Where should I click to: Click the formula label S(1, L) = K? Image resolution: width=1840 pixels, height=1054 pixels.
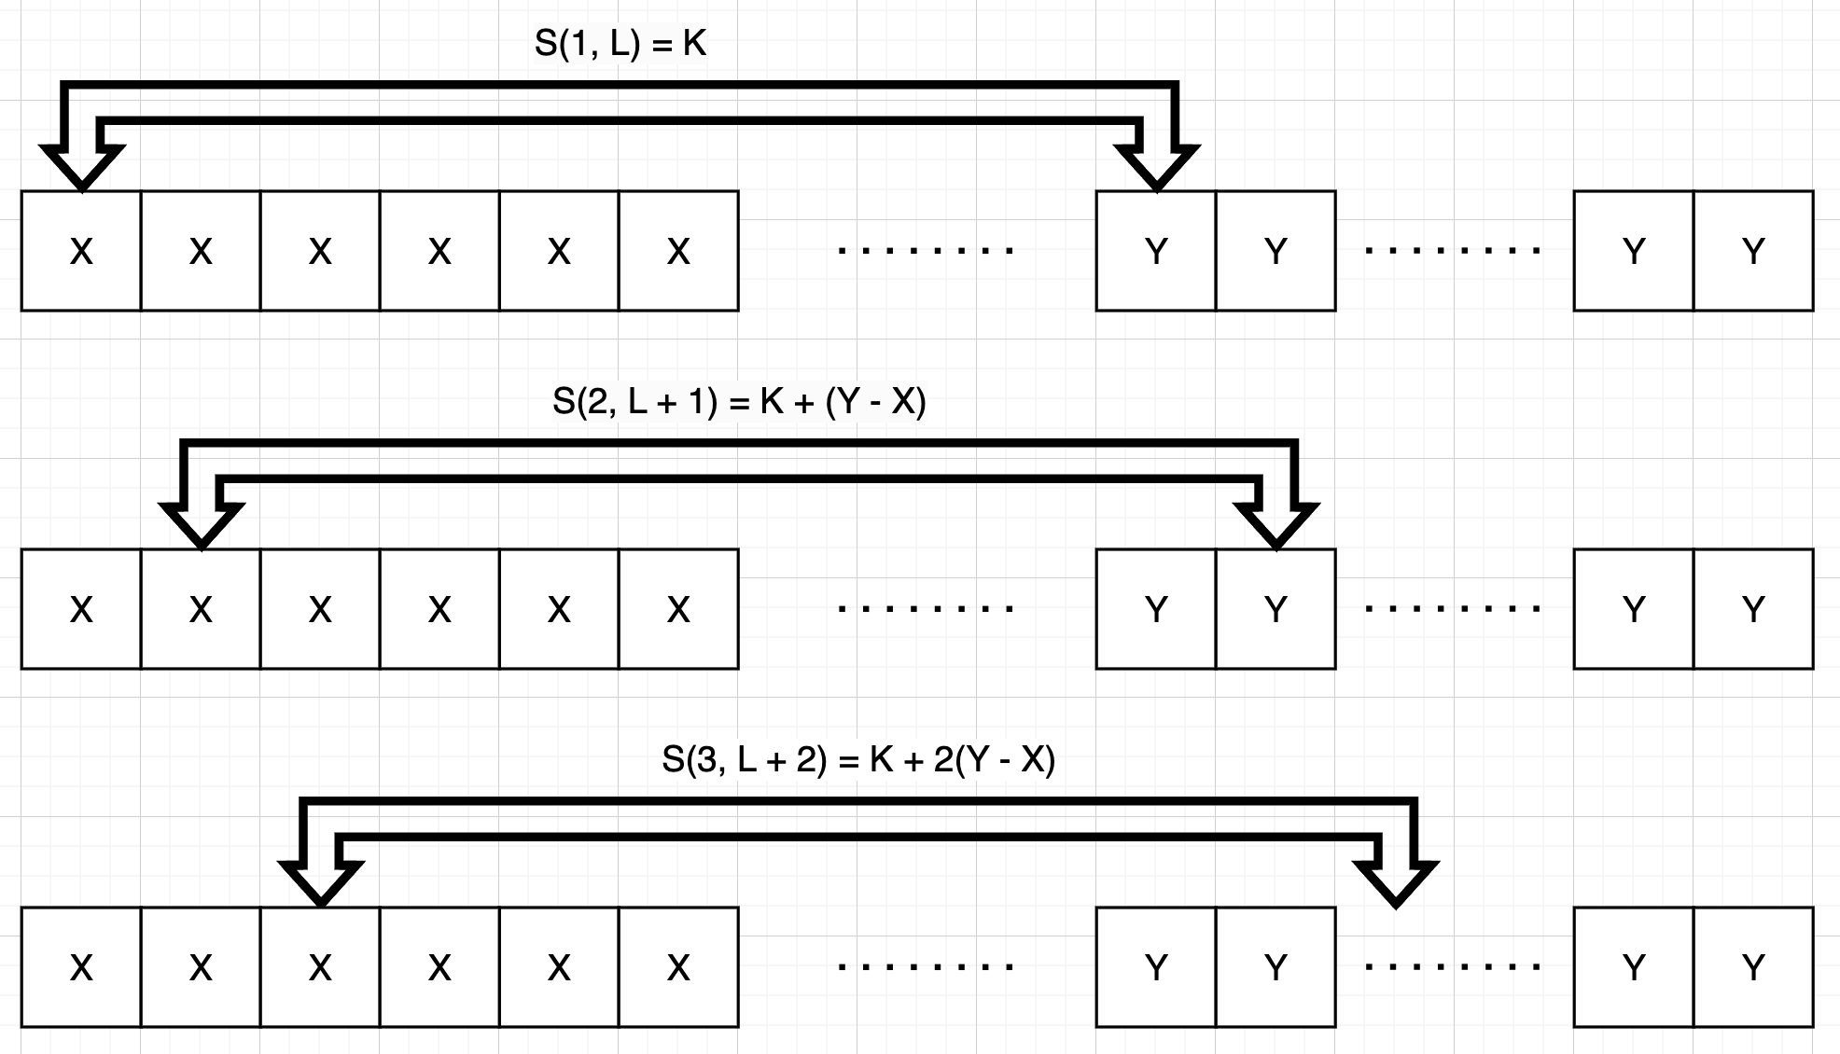(x=620, y=44)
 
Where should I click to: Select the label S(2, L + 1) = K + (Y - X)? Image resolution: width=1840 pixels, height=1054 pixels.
(x=739, y=401)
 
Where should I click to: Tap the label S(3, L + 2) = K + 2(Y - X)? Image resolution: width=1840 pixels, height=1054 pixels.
(x=858, y=759)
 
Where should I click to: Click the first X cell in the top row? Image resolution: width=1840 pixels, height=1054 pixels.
(x=81, y=251)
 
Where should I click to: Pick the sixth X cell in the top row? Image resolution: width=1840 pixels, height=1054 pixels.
(x=678, y=251)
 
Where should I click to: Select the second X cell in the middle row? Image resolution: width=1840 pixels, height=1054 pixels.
(x=201, y=609)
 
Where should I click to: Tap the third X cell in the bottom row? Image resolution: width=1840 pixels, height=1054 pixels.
(x=320, y=967)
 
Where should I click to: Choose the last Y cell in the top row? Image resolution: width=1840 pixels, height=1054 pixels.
(x=1753, y=251)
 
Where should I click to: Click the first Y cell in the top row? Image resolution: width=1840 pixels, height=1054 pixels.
(x=1156, y=251)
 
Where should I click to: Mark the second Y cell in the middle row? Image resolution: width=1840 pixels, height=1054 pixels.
(x=1275, y=609)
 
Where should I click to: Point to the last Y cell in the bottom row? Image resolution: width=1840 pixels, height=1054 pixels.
(x=1753, y=967)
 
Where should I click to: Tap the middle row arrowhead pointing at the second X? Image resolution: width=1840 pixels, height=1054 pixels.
(x=202, y=526)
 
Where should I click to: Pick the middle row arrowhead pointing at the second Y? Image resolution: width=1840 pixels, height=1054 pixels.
(x=1276, y=526)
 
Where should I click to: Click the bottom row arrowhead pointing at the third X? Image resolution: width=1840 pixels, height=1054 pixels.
(x=321, y=884)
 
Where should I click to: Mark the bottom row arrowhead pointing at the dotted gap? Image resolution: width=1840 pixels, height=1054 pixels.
(x=1396, y=884)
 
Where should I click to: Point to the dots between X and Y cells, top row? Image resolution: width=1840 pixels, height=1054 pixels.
(x=926, y=250)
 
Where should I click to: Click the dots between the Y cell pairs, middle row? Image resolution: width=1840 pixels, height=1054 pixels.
(x=1452, y=608)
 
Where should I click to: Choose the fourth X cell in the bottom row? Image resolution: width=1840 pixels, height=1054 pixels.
(x=439, y=967)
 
